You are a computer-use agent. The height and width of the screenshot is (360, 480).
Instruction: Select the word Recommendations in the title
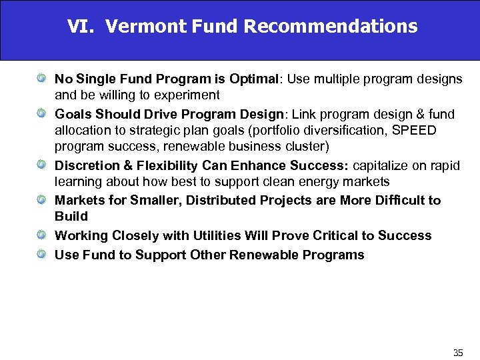coord(331,27)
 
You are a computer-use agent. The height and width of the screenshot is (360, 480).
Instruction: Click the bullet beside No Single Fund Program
coord(41,79)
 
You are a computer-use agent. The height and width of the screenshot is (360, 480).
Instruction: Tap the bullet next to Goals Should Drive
coord(41,114)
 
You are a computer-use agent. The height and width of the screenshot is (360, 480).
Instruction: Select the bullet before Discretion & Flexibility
coord(41,165)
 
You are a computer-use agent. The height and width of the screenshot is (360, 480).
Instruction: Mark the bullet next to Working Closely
coord(41,235)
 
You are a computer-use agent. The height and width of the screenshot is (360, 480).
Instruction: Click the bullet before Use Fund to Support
coord(41,255)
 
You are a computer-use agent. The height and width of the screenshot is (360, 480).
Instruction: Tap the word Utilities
coord(219,235)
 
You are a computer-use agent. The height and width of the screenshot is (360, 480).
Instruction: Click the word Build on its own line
coord(71,217)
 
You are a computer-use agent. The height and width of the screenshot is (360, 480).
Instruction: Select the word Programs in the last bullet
coord(333,255)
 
